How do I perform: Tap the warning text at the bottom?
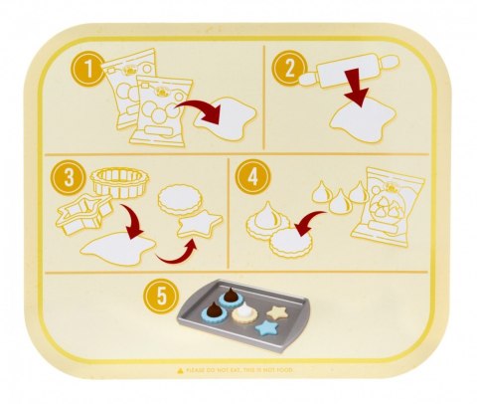pyautogui.click(x=238, y=370)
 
